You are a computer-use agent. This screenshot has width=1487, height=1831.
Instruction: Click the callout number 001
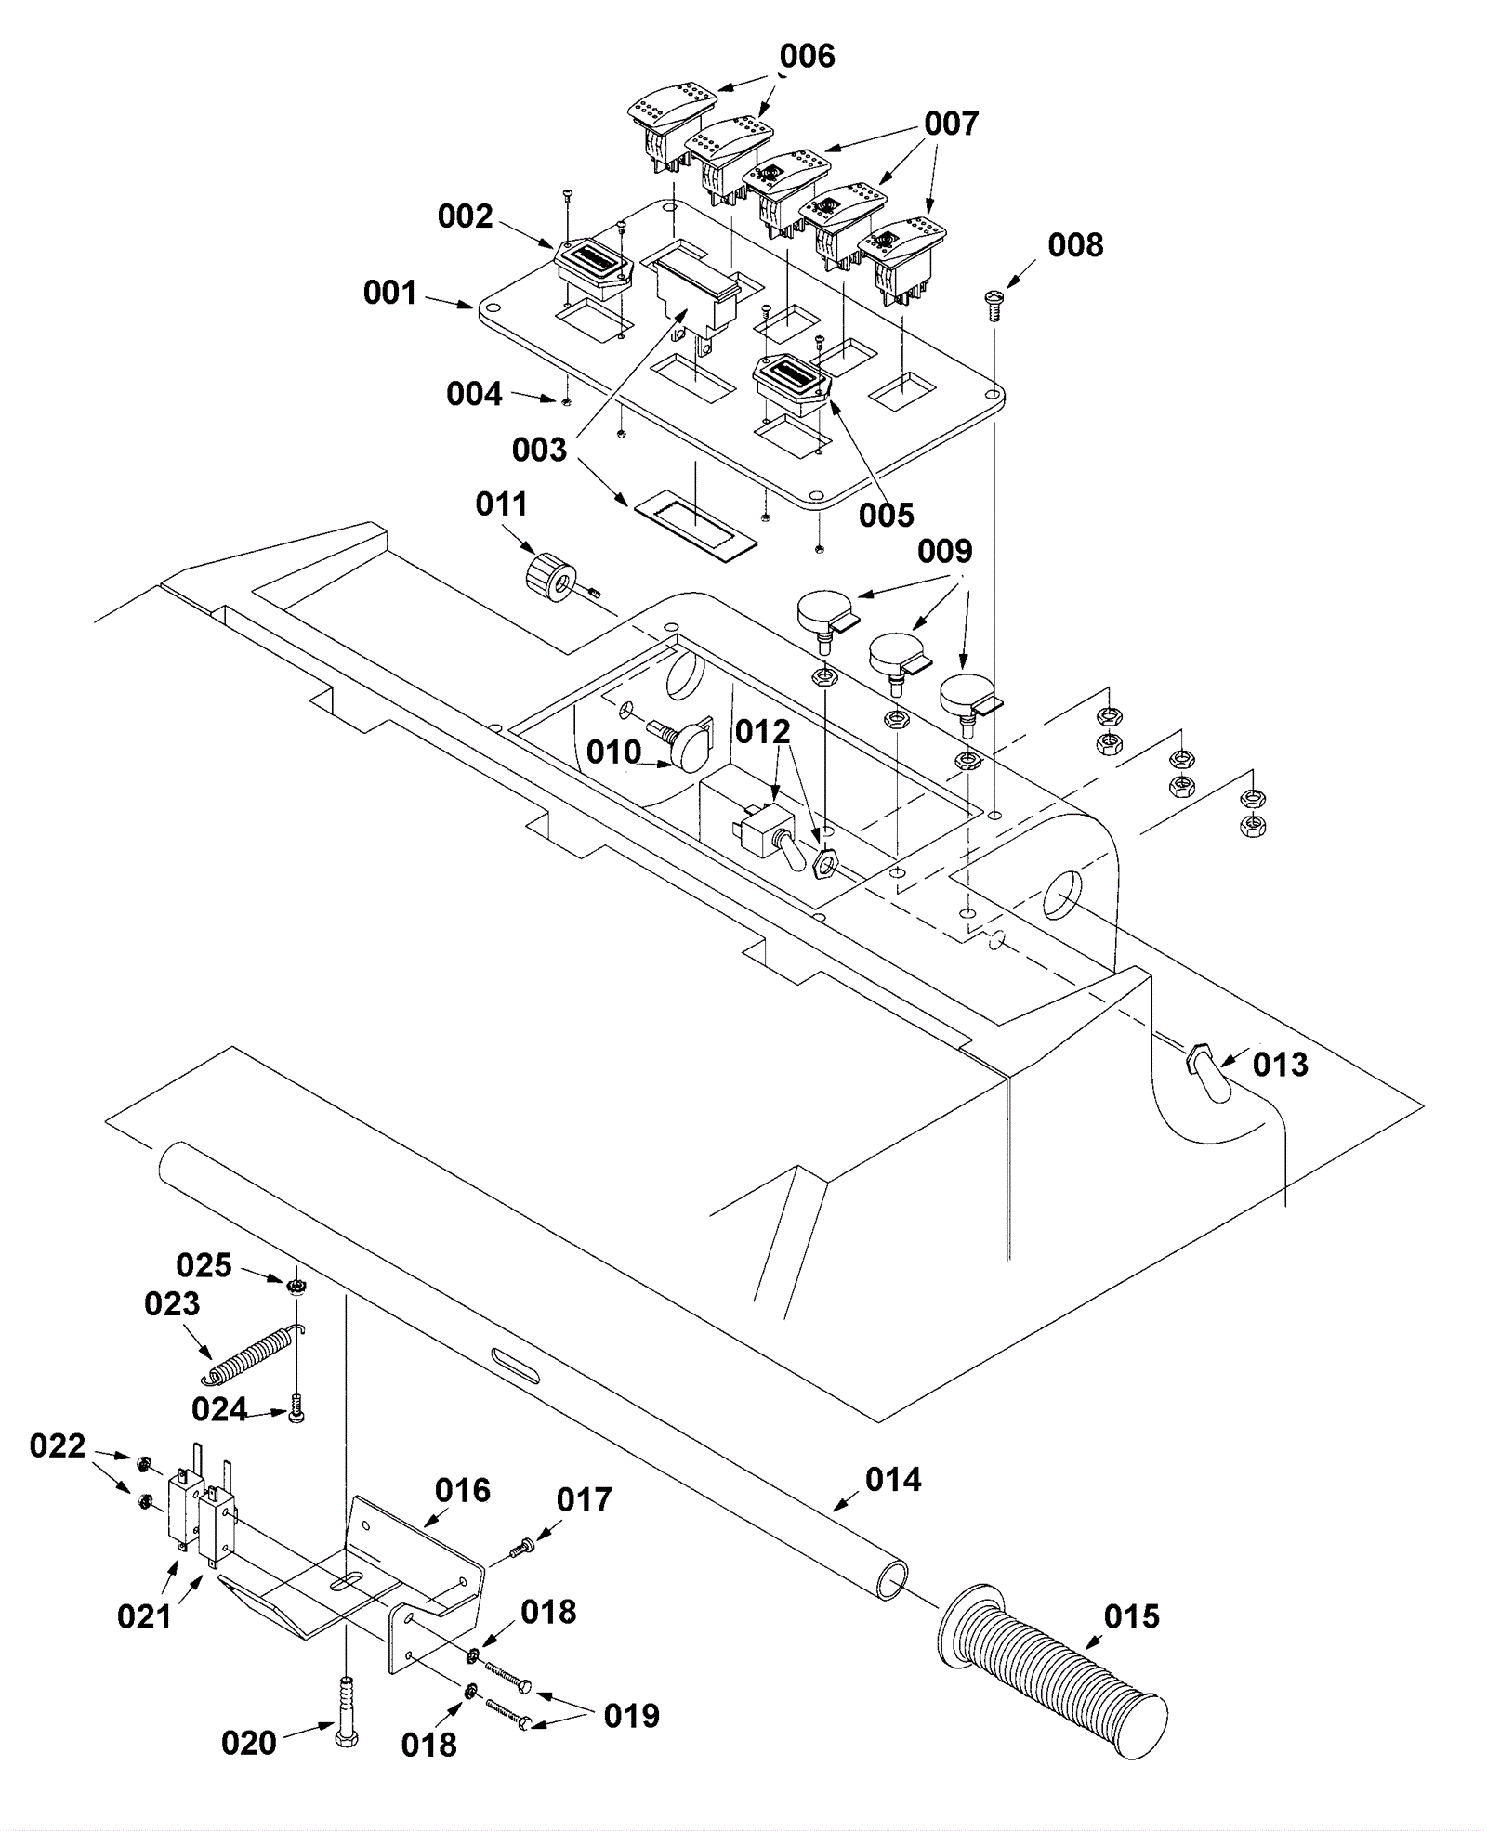pyautogui.click(x=389, y=293)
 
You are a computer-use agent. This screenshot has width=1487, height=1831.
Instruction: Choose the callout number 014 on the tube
pyautogui.click(x=893, y=1479)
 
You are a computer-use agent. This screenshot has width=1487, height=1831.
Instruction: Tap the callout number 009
pyautogui.click(x=944, y=551)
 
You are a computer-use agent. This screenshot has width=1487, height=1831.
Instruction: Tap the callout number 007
pyautogui.click(x=951, y=124)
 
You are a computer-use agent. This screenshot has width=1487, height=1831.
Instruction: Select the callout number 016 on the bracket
pyautogui.click(x=462, y=1491)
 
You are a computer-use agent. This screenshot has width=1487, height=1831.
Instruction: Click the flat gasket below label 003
pyautogui.click(x=695, y=526)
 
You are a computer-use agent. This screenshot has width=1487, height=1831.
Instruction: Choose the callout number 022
pyautogui.click(x=57, y=1445)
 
